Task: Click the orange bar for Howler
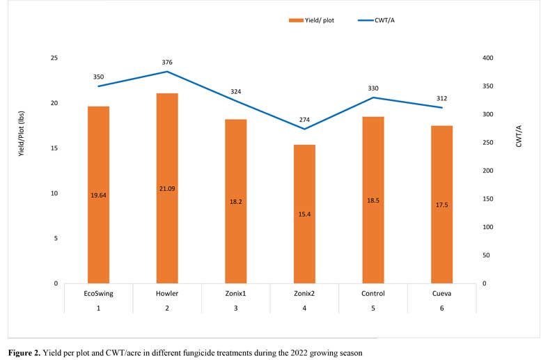[167, 188]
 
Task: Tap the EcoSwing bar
[98, 195]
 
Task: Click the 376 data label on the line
[167, 63]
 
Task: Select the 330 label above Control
[373, 88]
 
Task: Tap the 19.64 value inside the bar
[98, 196]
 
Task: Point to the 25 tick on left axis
[54, 58]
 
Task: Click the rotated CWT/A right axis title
[519, 150]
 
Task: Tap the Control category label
[373, 293]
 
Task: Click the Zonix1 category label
[235, 293]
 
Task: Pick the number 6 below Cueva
[441, 308]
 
